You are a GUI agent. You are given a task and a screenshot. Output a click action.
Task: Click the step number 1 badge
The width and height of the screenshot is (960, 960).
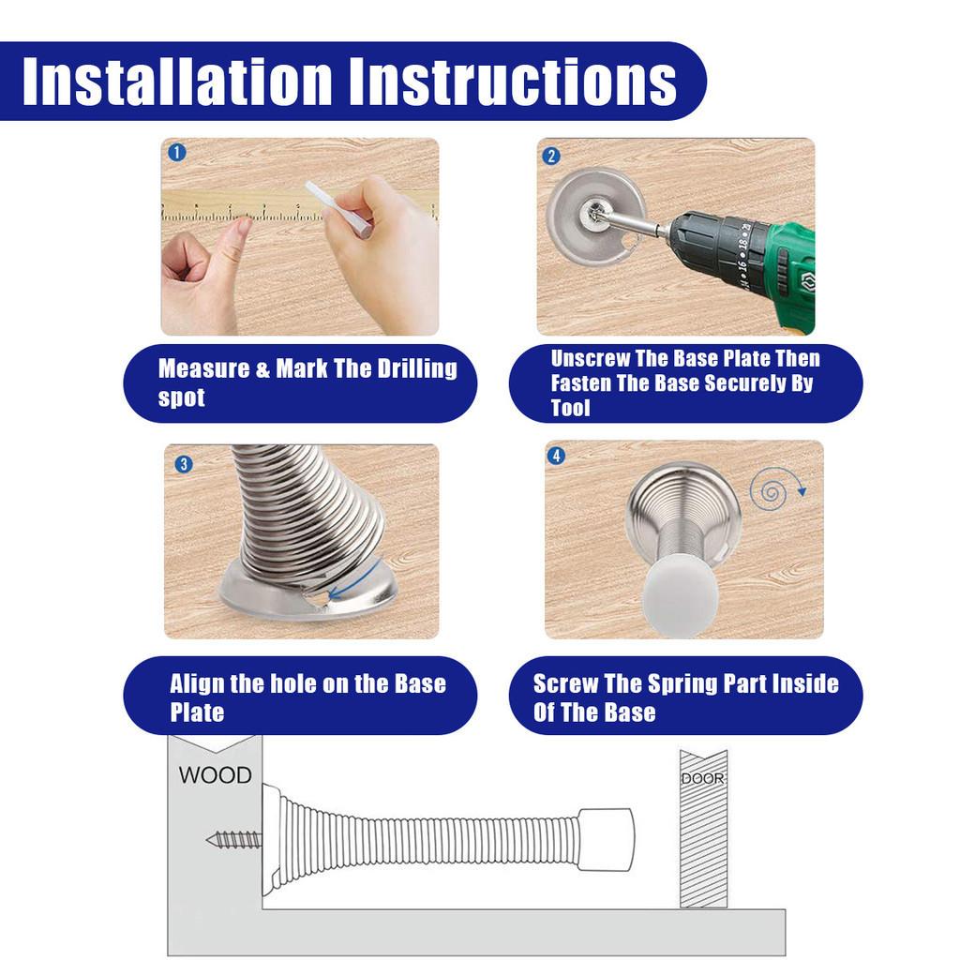[177, 153]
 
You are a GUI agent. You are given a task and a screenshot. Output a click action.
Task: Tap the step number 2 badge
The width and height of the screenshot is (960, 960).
[551, 156]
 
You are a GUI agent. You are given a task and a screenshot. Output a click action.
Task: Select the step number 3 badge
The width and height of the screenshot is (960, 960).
[184, 464]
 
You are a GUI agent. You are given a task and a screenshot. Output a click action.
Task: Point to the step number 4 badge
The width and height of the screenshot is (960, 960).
[556, 457]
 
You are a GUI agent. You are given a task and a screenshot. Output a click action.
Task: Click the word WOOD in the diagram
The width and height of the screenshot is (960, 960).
[215, 775]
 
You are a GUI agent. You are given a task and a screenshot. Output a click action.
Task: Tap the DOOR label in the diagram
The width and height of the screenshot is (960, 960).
[703, 779]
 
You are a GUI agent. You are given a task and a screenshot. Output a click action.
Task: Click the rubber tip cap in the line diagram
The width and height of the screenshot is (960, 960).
[607, 838]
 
